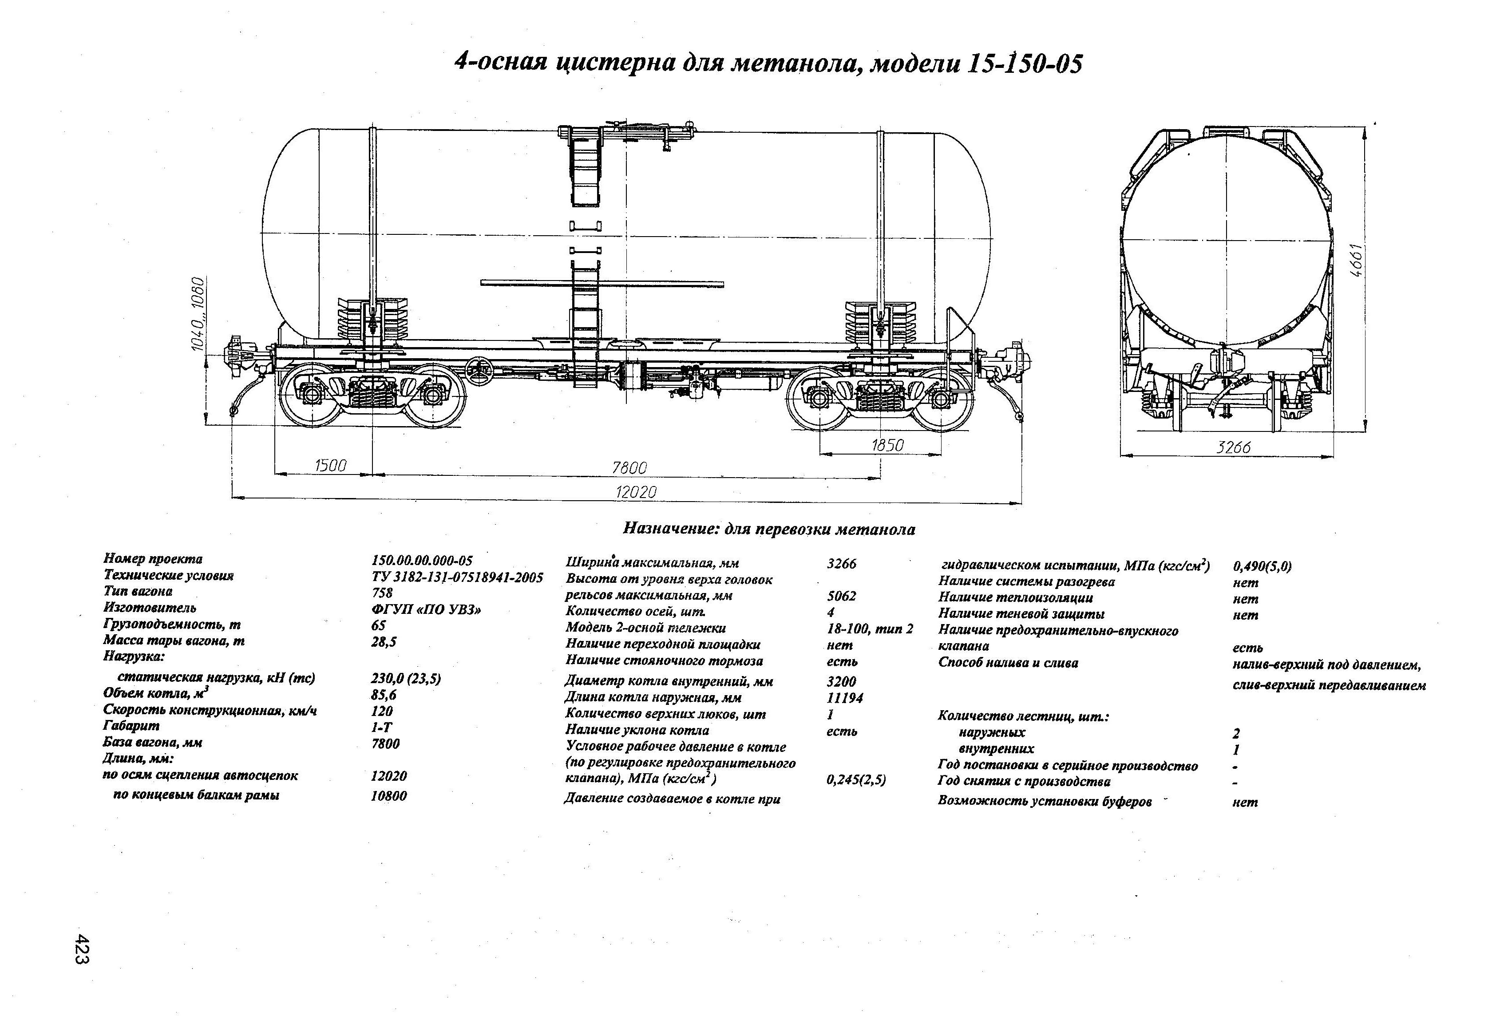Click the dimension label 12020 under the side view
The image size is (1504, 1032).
click(636, 492)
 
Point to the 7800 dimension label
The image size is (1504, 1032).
click(629, 467)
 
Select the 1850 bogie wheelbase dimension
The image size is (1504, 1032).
click(887, 445)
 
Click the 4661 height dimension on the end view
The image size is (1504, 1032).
click(1357, 260)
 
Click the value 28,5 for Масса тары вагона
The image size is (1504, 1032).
click(383, 642)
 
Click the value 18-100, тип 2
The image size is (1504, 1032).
click(869, 628)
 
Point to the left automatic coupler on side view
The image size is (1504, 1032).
click(238, 357)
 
